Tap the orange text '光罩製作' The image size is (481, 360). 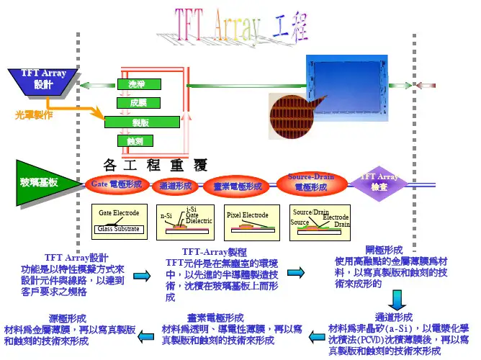(x=34, y=114)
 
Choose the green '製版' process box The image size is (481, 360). (x=140, y=122)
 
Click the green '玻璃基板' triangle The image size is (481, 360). (x=43, y=183)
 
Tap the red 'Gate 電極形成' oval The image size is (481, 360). (x=116, y=184)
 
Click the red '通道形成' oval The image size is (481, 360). (x=175, y=186)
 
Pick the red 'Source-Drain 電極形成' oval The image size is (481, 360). (x=310, y=182)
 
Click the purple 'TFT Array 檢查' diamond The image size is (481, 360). (x=379, y=181)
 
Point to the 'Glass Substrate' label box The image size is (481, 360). (x=120, y=229)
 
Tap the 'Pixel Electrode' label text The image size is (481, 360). (x=247, y=215)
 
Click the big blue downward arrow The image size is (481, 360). (x=397, y=298)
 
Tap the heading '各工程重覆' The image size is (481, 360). (x=156, y=163)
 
